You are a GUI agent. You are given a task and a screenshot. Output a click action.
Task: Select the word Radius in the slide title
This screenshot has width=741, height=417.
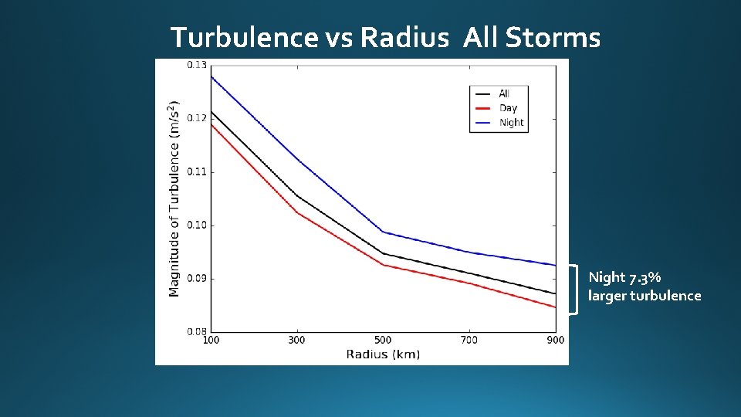(404, 37)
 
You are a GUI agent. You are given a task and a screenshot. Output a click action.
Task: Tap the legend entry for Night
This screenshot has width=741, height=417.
(511, 123)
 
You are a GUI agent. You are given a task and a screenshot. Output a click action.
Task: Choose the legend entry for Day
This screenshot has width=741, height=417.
(508, 108)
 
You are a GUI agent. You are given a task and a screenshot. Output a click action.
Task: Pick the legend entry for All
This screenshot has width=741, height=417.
(504, 93)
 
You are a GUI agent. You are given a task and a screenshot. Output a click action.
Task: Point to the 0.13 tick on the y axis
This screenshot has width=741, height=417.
(197, 65)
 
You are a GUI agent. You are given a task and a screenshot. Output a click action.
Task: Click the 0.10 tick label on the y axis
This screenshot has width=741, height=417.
(197, 225)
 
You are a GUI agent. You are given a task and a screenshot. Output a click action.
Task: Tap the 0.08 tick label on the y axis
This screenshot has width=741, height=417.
(197, 331)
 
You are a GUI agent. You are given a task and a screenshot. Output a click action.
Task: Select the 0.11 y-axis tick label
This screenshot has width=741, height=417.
(197, 171)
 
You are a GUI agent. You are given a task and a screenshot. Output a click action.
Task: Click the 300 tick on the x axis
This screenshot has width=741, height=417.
(296, 341)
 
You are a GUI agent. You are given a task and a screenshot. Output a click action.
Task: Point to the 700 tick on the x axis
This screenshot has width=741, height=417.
(469, 341)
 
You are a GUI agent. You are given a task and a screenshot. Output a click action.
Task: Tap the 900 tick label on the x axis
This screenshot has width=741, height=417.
(555, 341)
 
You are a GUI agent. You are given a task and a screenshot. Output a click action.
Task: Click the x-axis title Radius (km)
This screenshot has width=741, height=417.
(383, 354)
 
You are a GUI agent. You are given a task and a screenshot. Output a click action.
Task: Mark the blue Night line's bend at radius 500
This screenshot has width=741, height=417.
(383, 232)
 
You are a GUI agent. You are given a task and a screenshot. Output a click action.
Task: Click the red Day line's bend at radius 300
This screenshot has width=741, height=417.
(296, 212)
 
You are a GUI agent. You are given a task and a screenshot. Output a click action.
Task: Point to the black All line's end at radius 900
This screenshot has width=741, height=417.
(555, 293)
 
